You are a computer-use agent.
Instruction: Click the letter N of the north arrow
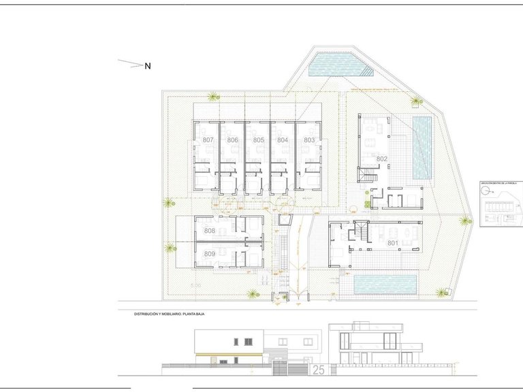(x=147, y=66)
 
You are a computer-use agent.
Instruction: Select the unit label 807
(x=208, y=140)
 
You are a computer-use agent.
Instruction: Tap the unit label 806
(x=233, y=140)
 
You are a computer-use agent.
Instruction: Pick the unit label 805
(x=258, y=140)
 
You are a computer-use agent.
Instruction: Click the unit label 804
(x=283, y=140)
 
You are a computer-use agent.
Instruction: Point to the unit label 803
(x=309, y=140)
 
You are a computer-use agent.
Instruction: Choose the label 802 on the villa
(x=381, y=159)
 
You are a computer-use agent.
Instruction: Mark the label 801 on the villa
(x=392, y=242)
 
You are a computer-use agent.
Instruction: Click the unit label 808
(x=209, y=231)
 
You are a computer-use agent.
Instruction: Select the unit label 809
(x=209, y=254)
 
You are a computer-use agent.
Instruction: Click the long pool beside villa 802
(x=423, y=147)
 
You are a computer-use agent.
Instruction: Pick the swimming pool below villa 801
(x=385, y=284)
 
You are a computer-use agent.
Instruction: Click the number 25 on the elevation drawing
(x=318, y=370)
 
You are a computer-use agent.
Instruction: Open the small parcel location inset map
(x=500, y=203)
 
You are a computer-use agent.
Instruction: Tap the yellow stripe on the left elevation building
(x=229, y=355)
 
